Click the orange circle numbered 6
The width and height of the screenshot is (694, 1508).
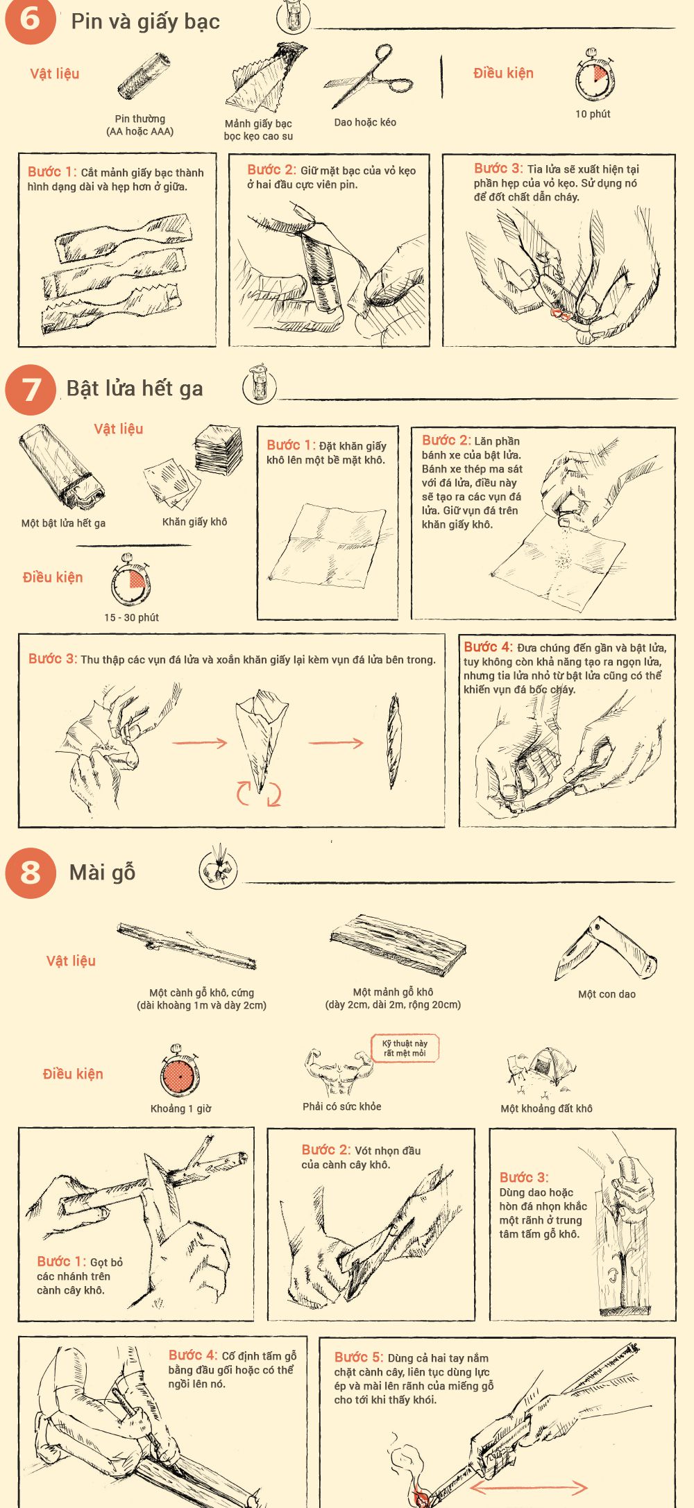(30, 19)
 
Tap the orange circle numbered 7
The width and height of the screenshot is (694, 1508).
(31, 389)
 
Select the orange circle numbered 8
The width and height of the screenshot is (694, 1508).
(31, 873)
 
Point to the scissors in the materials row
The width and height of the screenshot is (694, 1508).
(369, 76)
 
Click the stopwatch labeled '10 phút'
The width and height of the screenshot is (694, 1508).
(594, 76)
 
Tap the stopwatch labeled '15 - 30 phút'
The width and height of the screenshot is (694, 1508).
(130, 580)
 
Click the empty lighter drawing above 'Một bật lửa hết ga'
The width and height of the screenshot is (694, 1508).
(62, 468)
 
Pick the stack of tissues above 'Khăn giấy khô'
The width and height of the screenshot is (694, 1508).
(218, 450)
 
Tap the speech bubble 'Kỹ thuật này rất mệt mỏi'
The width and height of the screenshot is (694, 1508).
(405, 1048)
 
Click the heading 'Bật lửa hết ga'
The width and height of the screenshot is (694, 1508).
(135, 388)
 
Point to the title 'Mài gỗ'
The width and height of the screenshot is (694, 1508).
(102, 872)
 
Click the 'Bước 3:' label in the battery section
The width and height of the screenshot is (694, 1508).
(498, 169)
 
